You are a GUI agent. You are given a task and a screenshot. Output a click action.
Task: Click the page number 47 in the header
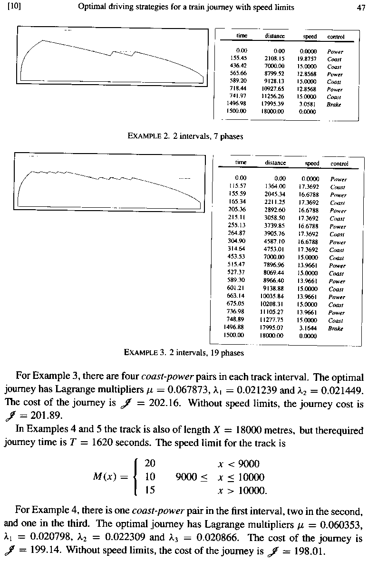(360, 7)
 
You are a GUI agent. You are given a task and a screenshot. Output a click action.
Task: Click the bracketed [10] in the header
(14, 7)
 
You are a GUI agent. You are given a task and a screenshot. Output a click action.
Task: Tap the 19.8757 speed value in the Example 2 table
(308, 59)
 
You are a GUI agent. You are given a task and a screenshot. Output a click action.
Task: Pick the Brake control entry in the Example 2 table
(335, 104)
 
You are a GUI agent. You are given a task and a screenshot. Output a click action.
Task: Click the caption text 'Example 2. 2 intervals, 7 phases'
(186, 136)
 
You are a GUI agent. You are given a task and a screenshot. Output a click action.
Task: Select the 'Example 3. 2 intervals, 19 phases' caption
(184, 353)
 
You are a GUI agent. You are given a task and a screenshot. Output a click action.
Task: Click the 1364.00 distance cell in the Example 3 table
(275, 187)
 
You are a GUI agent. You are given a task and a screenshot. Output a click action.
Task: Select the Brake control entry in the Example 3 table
(337, 328)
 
